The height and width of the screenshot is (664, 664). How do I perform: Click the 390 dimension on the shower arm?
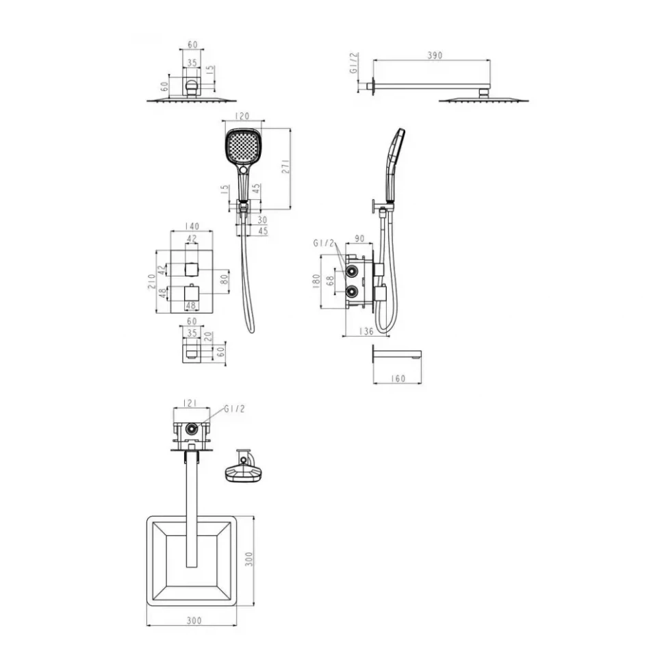pyautogui.click(x=435, y=55)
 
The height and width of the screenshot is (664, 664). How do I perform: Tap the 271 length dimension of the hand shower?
pyautogui.click(x=286, y=166)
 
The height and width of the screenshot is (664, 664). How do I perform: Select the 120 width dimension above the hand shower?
pyautogui.click(x=242, y=116)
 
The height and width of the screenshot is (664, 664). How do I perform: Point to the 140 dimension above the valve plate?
pyautogui.click(x=192, y=226)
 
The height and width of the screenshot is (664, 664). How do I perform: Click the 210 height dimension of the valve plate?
pyautogui.click(x=151, y=281)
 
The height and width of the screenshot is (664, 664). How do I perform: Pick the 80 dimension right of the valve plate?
pyautogui.click(x=225, y=279)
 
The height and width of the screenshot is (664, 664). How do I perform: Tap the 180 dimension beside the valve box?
pyautogui.click(x=316, y=281)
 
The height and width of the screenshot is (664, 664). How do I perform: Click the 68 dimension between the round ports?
pyautogui.click(x=331, y=281)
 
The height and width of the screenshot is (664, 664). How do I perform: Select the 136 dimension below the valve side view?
pyautogui.click(x=366, y=331)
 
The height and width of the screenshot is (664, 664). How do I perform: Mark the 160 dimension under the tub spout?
pyautogui.click(x=398, y=379)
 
